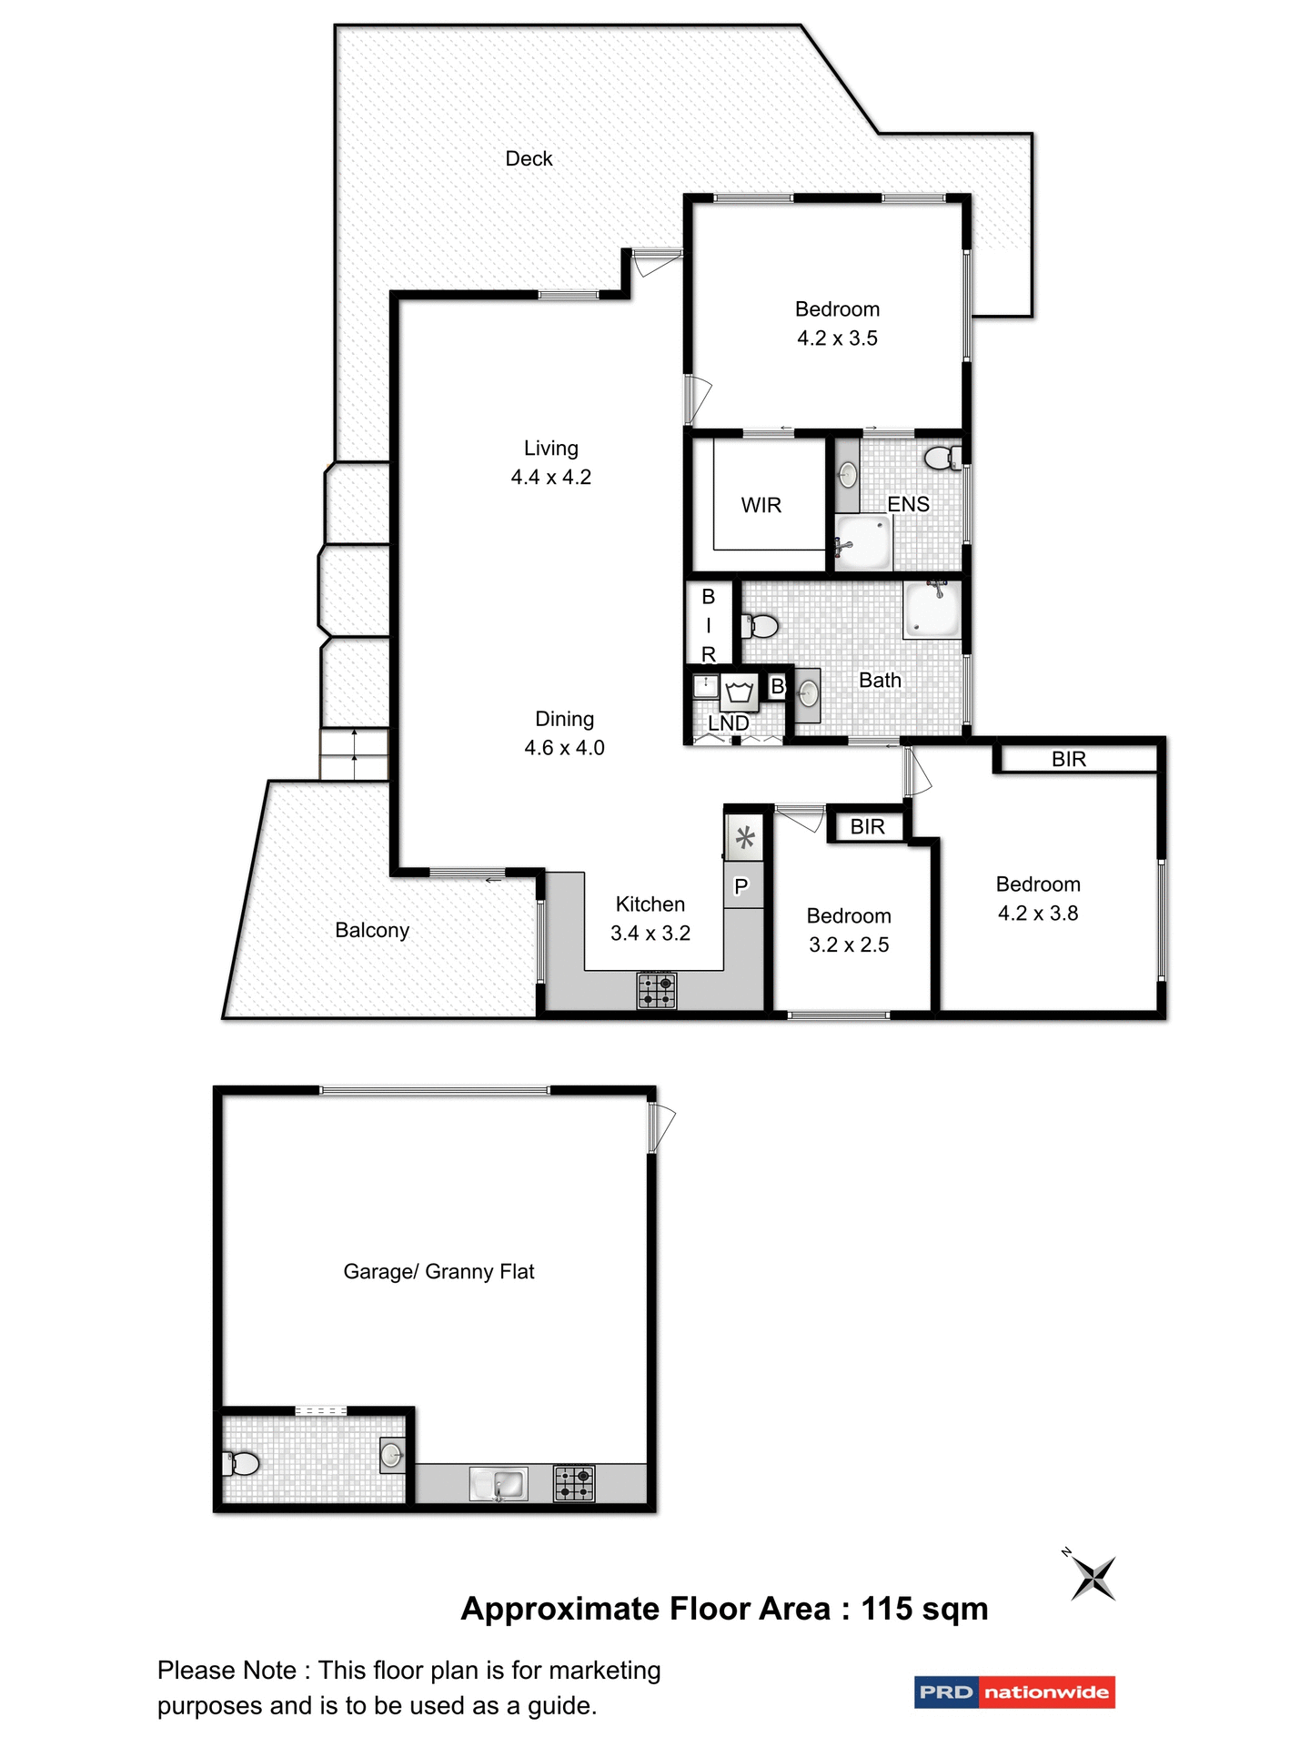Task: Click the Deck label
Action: [529, 159]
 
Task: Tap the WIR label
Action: [761, 505]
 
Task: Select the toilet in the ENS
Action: [942, 457]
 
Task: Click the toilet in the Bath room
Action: [761, 626]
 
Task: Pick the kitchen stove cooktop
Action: [656, 990]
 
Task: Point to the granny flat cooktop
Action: [574, 1483]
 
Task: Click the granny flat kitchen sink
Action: [499, 1484]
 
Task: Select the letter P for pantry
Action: [741, 886]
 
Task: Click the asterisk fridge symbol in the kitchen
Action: [744, 837]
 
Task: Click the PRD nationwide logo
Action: [1014, 1692]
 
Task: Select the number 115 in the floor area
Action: [887, 1609]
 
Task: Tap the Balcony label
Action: [372, 930]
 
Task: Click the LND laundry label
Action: [729, 723]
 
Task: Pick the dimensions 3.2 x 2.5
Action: [849, 944]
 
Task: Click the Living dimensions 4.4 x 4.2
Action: [551, 477]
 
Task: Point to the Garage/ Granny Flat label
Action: [438, 1271]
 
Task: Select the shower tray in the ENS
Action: [862, 542]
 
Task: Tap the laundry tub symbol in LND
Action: [740, 693]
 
